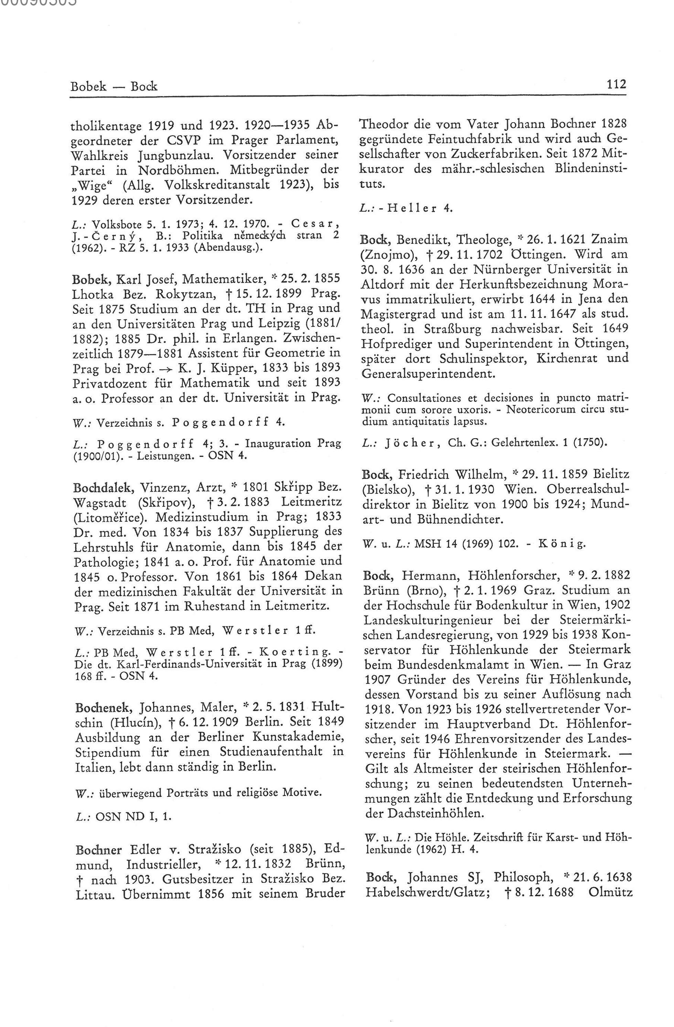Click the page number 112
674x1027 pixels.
[616, 84]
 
